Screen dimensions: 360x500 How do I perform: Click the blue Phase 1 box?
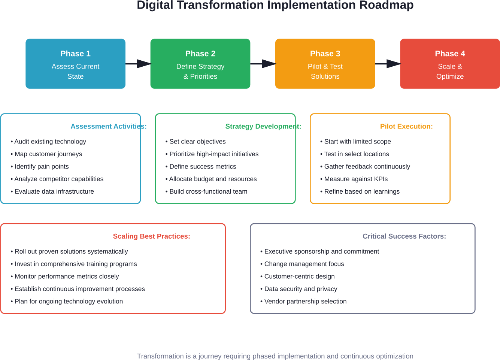(x=75, y=64)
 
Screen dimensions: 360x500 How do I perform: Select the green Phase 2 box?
(x=200, y=64)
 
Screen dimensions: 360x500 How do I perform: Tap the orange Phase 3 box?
(x=325, y=64)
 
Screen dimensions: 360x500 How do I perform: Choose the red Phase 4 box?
(x=450, y=64)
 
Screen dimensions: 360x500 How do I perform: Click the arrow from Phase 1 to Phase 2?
(x=138, y=64)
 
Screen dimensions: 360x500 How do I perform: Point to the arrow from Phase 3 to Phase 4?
(x=388, y=64)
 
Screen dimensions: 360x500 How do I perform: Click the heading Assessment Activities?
(x=109, y=127)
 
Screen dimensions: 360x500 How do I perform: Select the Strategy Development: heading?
(x=263, y=127)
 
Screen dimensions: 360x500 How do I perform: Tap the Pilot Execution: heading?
(x=406, y=127)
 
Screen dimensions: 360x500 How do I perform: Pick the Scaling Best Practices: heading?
(x=151, y=236)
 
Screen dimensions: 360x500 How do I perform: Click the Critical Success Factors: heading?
(x=404, y=236)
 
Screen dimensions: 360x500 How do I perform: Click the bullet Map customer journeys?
(x=48, y=154)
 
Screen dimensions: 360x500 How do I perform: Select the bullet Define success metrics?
(x=203, y=167)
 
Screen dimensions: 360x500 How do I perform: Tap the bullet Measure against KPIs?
(x=356, y=179)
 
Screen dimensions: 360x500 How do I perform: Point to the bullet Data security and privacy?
(x=300, y=289)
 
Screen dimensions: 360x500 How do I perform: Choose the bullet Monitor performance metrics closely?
(x=67, y=276)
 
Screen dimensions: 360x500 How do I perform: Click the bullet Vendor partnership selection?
(x=305, y=302)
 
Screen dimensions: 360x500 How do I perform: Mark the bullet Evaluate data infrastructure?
(x=54, y=191)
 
